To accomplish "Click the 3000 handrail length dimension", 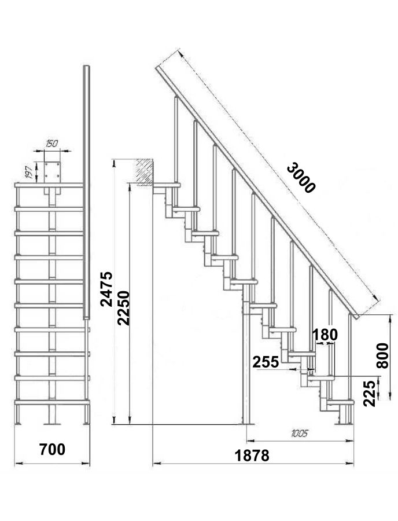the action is point(300,178).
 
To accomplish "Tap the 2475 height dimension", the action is point(107,289).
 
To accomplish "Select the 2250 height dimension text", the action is point(123,308).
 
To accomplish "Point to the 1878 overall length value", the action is point(252,456).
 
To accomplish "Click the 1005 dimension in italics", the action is point(300,433).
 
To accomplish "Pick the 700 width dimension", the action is point(52,449).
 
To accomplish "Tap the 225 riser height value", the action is point(369,394).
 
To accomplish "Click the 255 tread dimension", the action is point(266,362).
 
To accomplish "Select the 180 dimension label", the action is point(325,335).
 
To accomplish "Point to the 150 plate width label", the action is point(52,144).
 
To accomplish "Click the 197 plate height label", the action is point(29,172).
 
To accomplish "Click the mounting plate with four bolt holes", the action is point(52,172).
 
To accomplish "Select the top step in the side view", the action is point(167,185).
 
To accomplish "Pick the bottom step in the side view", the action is point(341,402).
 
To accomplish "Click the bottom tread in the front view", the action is point(52,402).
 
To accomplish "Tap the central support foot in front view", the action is point(52,423).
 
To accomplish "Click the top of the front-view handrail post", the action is point(86,67).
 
